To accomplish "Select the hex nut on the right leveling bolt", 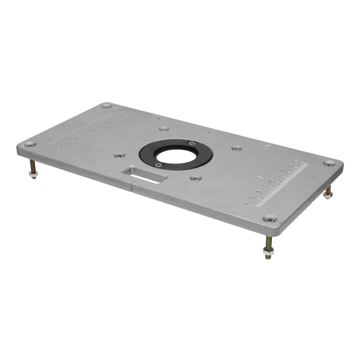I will tap(328, 195).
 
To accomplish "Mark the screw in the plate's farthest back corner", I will tap(106, 105).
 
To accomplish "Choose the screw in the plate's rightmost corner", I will tap(329, 163).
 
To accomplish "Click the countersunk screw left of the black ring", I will tap(119, 156).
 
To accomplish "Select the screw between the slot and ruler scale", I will tap(195, 178).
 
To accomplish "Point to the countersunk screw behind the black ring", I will tap(164, 129).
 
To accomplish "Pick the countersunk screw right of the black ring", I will tap(236, 148).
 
